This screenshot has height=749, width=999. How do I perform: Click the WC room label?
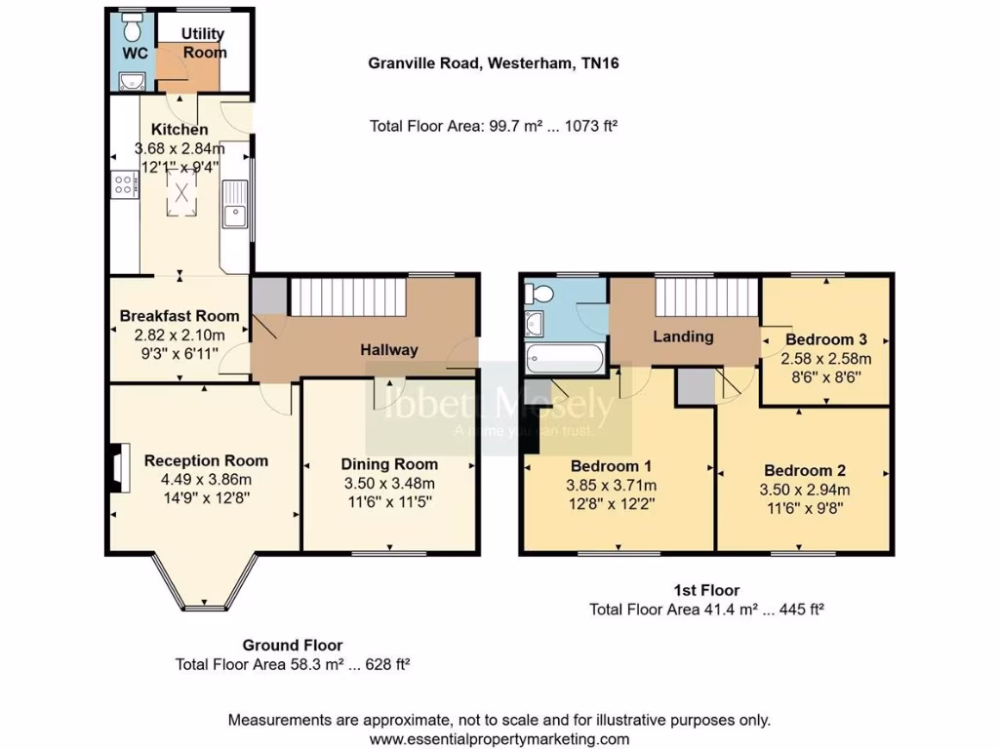[x=136, y=53]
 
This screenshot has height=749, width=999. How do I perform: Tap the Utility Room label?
[x=203, y=44]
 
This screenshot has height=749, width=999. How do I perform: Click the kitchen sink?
[x=234, y=214]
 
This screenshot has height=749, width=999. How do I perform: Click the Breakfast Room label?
[x=180, y=316]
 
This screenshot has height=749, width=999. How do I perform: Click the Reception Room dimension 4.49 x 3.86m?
[x=206, y=479]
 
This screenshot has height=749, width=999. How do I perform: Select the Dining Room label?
[x=389, y=464]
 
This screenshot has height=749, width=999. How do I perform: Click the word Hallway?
[x=389, y=350]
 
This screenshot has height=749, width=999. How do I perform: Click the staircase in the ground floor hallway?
[x=348, y=296]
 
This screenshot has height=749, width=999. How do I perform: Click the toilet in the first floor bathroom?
[x=540, y=293]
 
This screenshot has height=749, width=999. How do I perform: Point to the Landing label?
[x=683, y=336]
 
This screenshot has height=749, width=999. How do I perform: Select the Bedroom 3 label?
[x=826, y=339]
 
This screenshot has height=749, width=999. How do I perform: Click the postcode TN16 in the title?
[x=602, y=64]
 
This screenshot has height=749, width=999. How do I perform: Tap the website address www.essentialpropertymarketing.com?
[x=499, y=739]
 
